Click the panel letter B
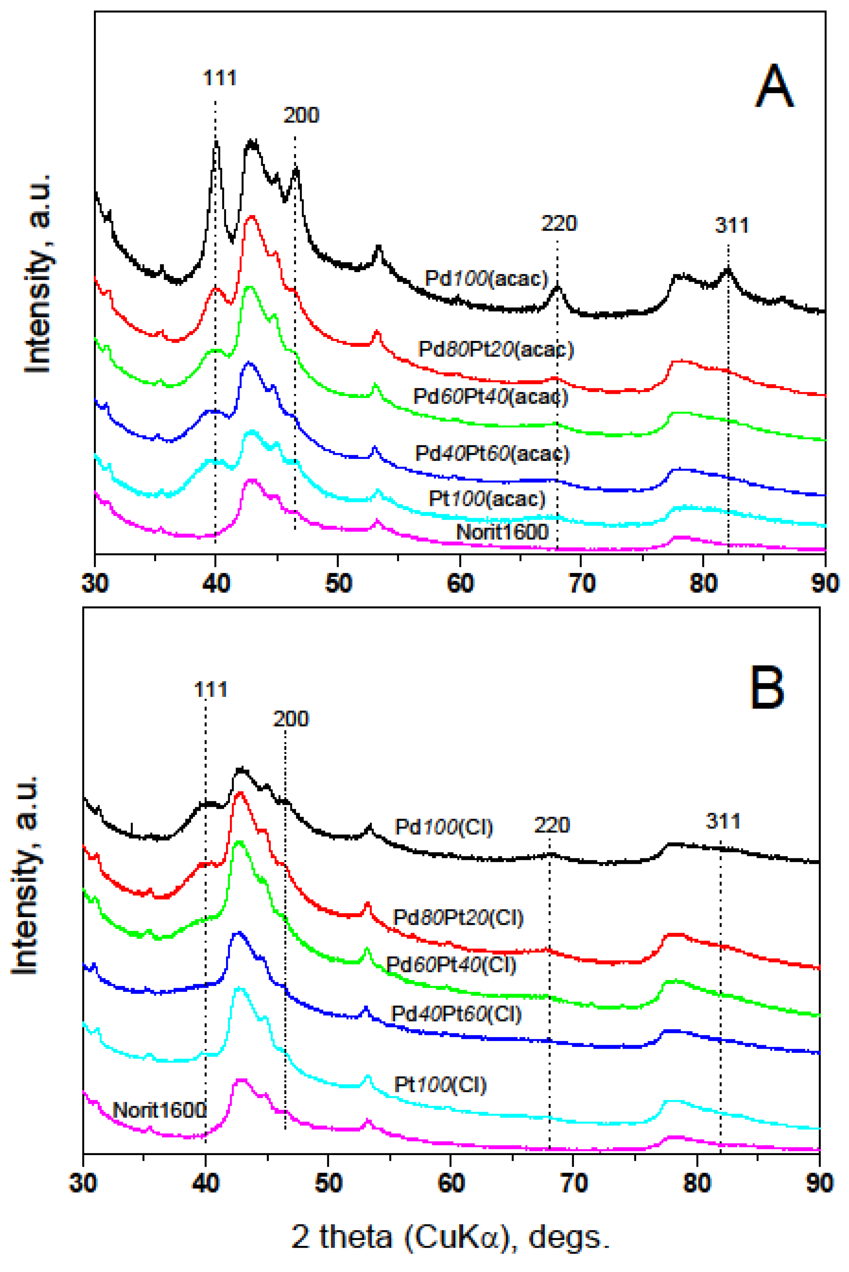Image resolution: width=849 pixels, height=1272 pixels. (767, 688)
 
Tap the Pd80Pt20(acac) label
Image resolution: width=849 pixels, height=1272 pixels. (495, 349)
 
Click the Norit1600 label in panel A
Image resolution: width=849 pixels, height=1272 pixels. (502, 532)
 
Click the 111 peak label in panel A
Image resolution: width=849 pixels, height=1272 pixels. (219, 78)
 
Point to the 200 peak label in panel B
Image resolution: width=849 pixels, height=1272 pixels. (291, 718)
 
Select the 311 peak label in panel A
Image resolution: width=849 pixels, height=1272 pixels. (731, 225)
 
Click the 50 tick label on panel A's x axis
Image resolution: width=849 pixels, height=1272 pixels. (338, 584)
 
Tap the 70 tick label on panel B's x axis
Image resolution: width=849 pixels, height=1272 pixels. (574, 1184)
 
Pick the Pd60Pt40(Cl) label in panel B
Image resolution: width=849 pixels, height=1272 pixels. (450, 965)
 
